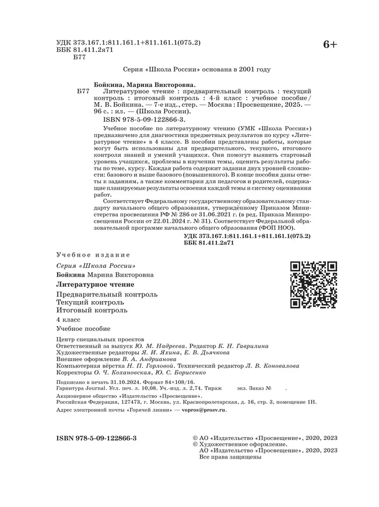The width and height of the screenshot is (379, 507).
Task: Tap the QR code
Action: [314, 285]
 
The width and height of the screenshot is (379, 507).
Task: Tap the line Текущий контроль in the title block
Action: [90, 303]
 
